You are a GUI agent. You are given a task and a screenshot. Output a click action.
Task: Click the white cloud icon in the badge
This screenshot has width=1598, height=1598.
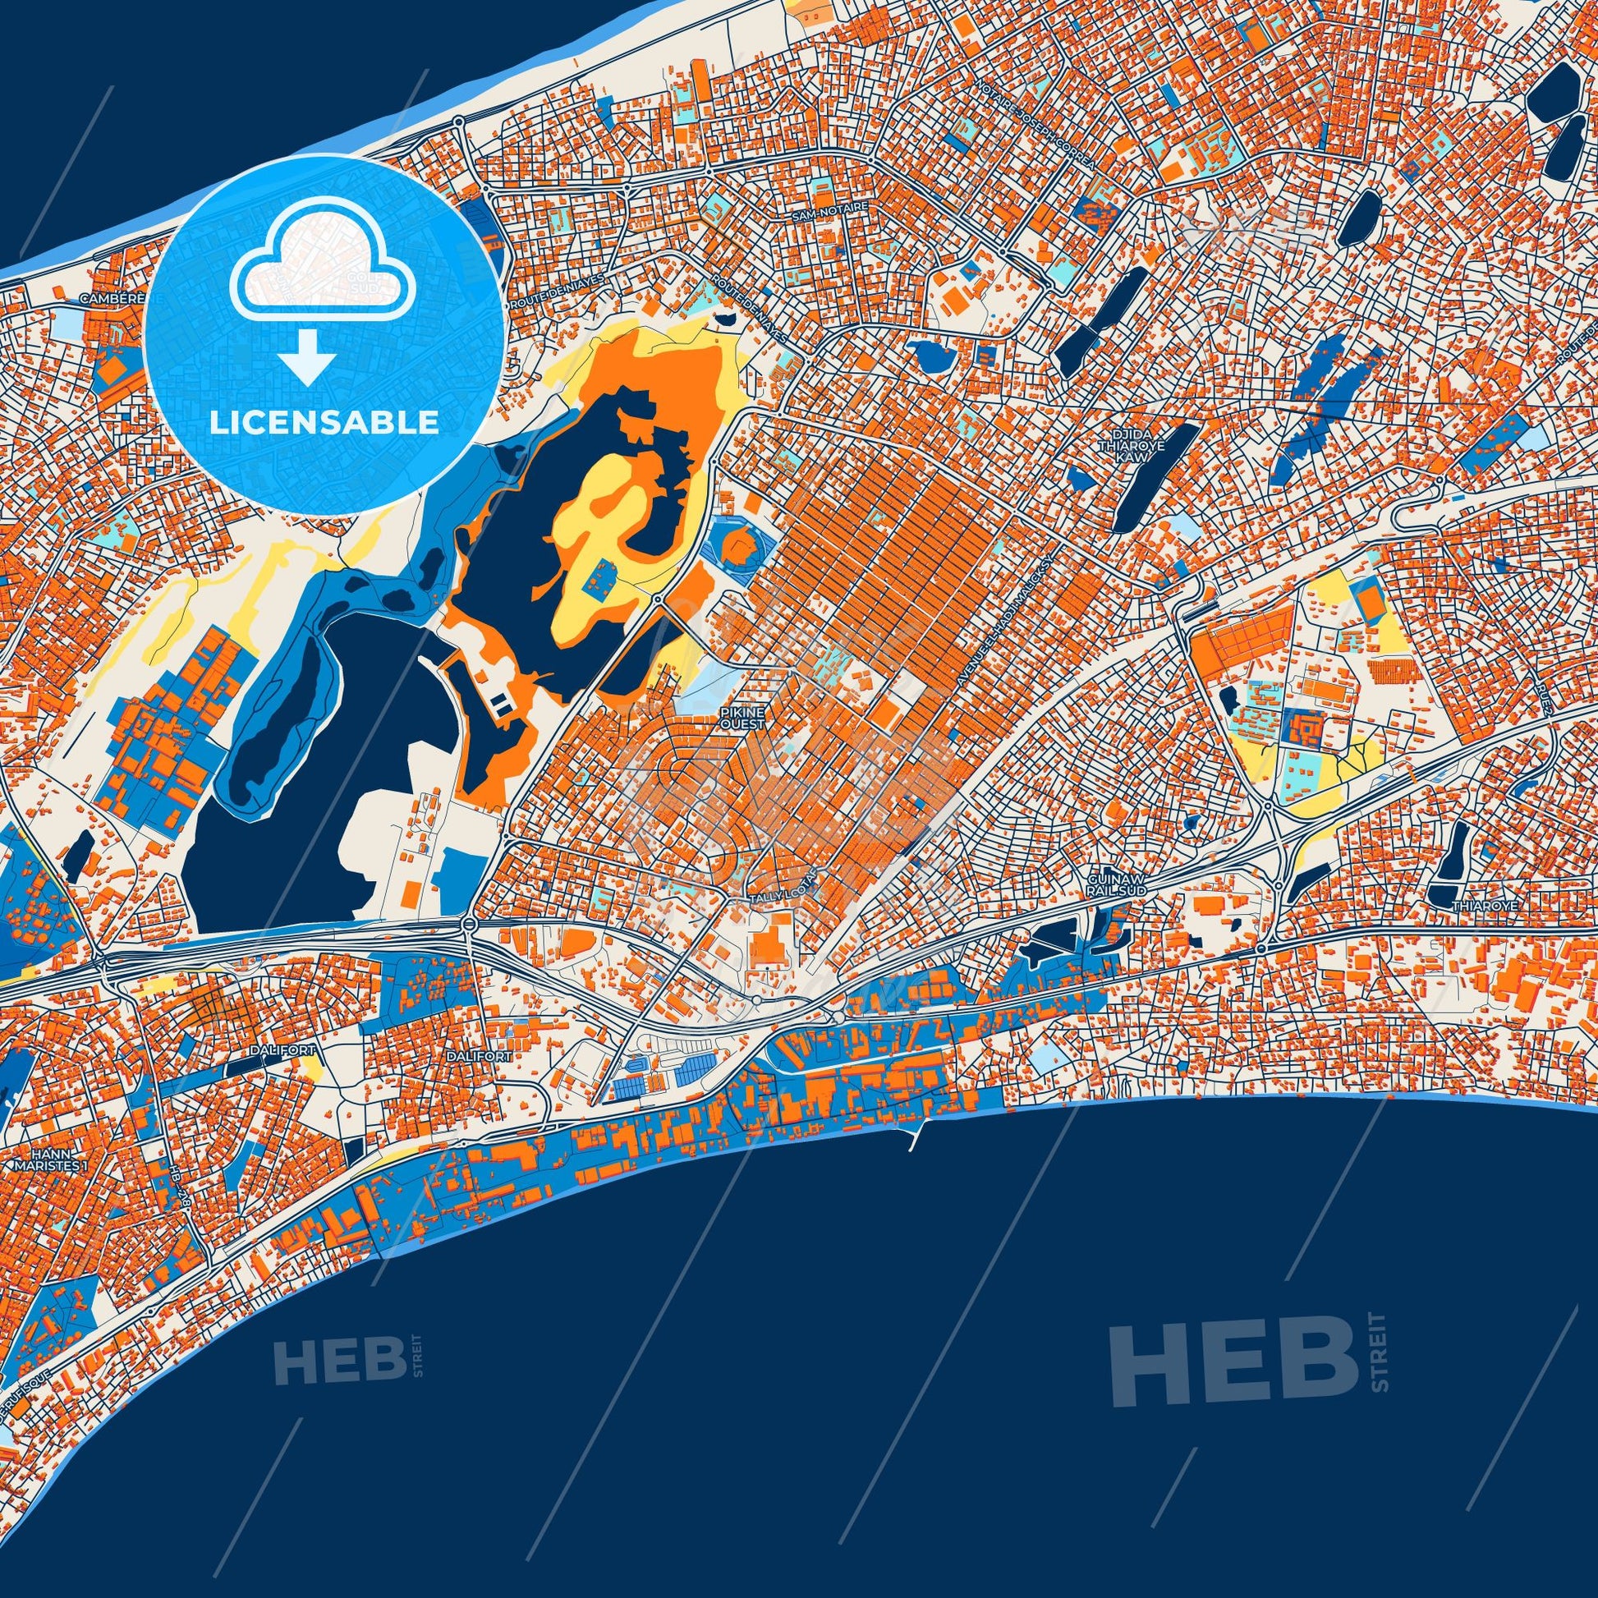[324, 278]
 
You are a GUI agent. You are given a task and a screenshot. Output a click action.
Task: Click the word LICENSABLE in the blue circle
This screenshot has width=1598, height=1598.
[324, 422]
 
